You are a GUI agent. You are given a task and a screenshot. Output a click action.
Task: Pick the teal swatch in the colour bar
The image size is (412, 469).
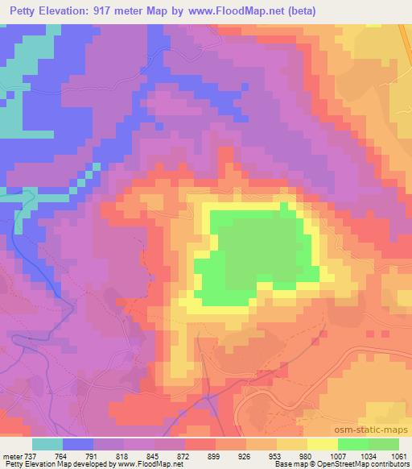click(x=47, y=445)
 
